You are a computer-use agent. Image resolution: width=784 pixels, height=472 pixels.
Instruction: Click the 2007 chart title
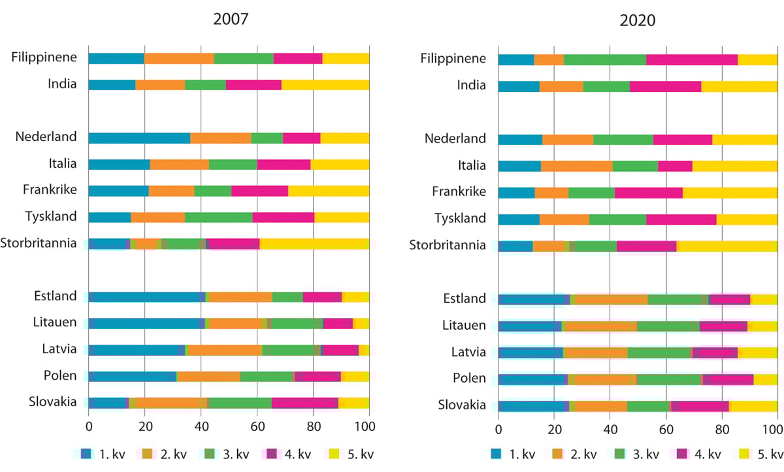point(231,18)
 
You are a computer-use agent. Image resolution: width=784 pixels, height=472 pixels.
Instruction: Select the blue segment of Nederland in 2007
point(139,138)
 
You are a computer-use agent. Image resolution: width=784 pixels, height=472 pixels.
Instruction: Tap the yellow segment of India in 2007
point(325,84)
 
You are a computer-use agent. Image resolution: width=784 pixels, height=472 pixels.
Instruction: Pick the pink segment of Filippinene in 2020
point(692,59)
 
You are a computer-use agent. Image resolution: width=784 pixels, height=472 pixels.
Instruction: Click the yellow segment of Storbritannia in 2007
point(314,244)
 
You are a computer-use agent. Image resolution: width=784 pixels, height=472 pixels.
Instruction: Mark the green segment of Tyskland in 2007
point(219,217)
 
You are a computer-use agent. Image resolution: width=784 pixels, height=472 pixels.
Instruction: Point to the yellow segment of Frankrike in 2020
point(730,193)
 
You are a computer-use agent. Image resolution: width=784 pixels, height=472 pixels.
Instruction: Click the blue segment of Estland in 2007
point(147,297)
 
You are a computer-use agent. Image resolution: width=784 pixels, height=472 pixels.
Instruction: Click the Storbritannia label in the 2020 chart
point(448,245)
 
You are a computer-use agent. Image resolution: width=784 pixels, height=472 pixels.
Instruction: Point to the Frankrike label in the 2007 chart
point(49,190)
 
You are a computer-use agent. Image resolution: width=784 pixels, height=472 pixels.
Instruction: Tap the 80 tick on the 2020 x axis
point(722,430)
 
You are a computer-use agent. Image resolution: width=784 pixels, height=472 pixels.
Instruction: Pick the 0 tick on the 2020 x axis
point(498,430)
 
